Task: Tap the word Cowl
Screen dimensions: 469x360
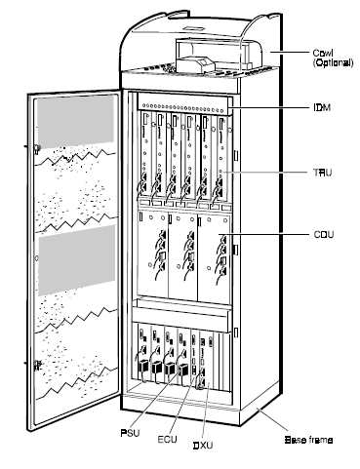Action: tap(297, 53)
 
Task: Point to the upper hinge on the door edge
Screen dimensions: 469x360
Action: tap(36, 151)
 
